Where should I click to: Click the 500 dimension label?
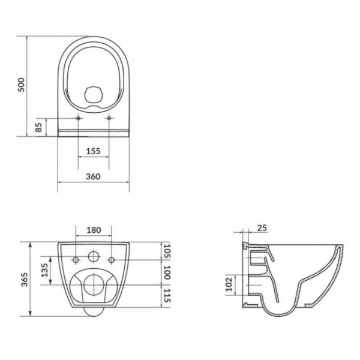[x=21, y=85]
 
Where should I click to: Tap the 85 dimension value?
[x=39, y=127]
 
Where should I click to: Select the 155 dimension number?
[x=93, y=151]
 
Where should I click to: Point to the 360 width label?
[x=93, y=176]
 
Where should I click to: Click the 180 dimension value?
[x=94, y=230]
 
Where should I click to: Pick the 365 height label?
[x=25, y=280]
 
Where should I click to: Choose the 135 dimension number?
[x=44, y=270]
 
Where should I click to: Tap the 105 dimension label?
[x=167, y=251]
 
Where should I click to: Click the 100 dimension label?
[x=167, y=272]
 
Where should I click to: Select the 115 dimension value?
[x=167, y=296]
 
